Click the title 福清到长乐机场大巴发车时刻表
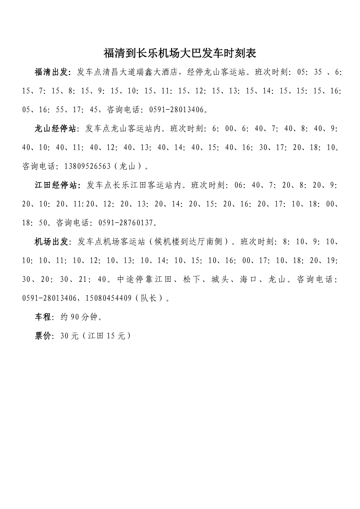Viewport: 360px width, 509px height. pos(180,53)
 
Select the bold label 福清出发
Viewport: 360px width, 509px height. pos(52,72)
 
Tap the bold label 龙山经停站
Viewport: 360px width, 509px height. pos(56,129)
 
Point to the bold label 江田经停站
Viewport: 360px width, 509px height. pos(56,185)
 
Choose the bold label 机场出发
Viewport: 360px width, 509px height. pos(52,242)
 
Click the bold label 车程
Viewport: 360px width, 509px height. pos(43,317)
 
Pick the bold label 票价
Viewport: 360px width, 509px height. pos(43,336)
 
